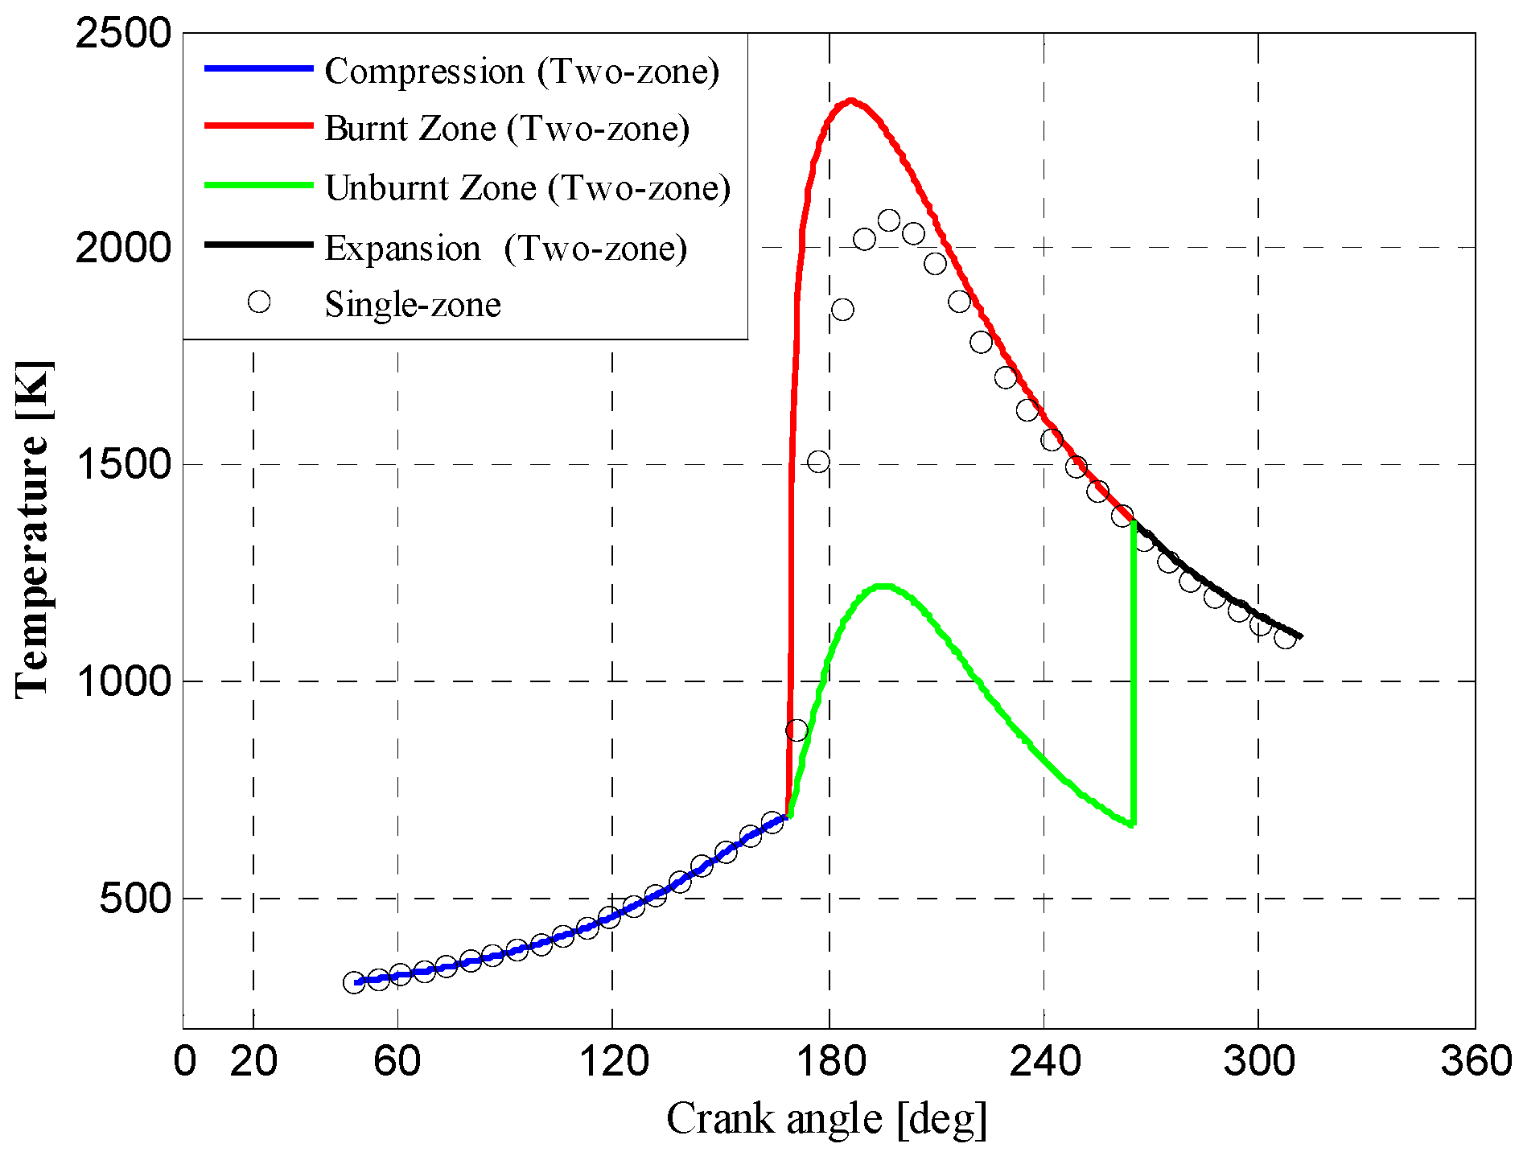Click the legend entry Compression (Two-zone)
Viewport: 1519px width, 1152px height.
(x=521, y=72)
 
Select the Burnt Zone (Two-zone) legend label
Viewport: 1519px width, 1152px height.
(x=507, y=129)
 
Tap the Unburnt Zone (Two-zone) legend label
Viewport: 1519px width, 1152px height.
(x=528, y=188)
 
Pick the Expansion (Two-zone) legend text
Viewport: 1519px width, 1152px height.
(x=506, y=248)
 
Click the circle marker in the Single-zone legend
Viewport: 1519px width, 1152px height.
(x=259, y=302)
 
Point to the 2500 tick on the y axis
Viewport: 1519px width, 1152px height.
(x=123, y=34)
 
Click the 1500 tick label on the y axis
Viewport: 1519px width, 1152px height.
(x=123, y=464)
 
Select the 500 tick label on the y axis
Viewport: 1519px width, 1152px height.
(x=135, y=898)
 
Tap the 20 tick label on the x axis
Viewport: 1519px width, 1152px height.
(x=253, y=1061)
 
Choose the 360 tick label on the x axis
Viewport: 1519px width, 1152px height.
(x=1476, y=1061)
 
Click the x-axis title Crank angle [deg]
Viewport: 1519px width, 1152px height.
(x=826, y=1119)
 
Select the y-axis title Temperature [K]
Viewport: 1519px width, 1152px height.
(x=34, y=529)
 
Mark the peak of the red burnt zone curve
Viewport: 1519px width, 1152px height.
(x=850, y=101)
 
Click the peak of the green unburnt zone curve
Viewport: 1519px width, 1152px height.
(x=883, y=586)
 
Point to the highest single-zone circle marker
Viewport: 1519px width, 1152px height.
(x=889, y=220)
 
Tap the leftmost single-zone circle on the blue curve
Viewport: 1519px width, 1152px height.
(x=354, y=982)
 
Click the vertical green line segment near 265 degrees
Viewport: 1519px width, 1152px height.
(x=1134, y=676)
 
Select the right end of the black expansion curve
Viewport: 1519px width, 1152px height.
(x=1300, y=636)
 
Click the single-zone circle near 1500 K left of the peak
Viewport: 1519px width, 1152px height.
(x=818, y=462)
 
